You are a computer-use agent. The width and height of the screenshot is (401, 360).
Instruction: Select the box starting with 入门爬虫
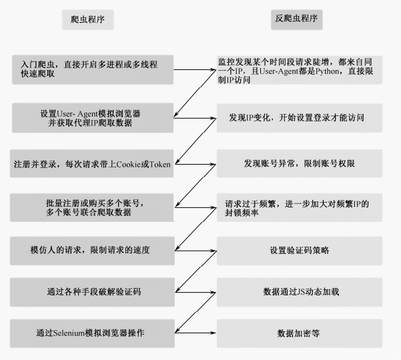(94, 69)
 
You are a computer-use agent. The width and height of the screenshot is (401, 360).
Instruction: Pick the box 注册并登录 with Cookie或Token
(94, 163)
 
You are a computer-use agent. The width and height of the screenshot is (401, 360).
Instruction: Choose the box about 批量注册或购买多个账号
(94, 207)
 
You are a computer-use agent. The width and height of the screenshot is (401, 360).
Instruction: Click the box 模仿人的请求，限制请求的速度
(94, 250)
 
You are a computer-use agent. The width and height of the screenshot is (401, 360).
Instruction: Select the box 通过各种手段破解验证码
(94, 291)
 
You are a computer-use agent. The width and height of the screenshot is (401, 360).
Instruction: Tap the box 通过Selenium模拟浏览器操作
(94, 332)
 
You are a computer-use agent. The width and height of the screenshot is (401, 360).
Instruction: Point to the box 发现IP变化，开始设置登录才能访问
(300, 117)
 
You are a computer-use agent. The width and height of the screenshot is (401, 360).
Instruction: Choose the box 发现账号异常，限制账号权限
(300, 163)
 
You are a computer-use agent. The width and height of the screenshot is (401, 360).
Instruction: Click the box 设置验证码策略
(300, 250)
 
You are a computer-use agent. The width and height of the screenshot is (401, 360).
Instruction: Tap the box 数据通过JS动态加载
(300, 291)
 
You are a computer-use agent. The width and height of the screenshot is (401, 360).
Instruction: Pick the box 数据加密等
(300, 332)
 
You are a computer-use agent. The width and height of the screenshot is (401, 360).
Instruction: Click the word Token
(160, 164)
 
